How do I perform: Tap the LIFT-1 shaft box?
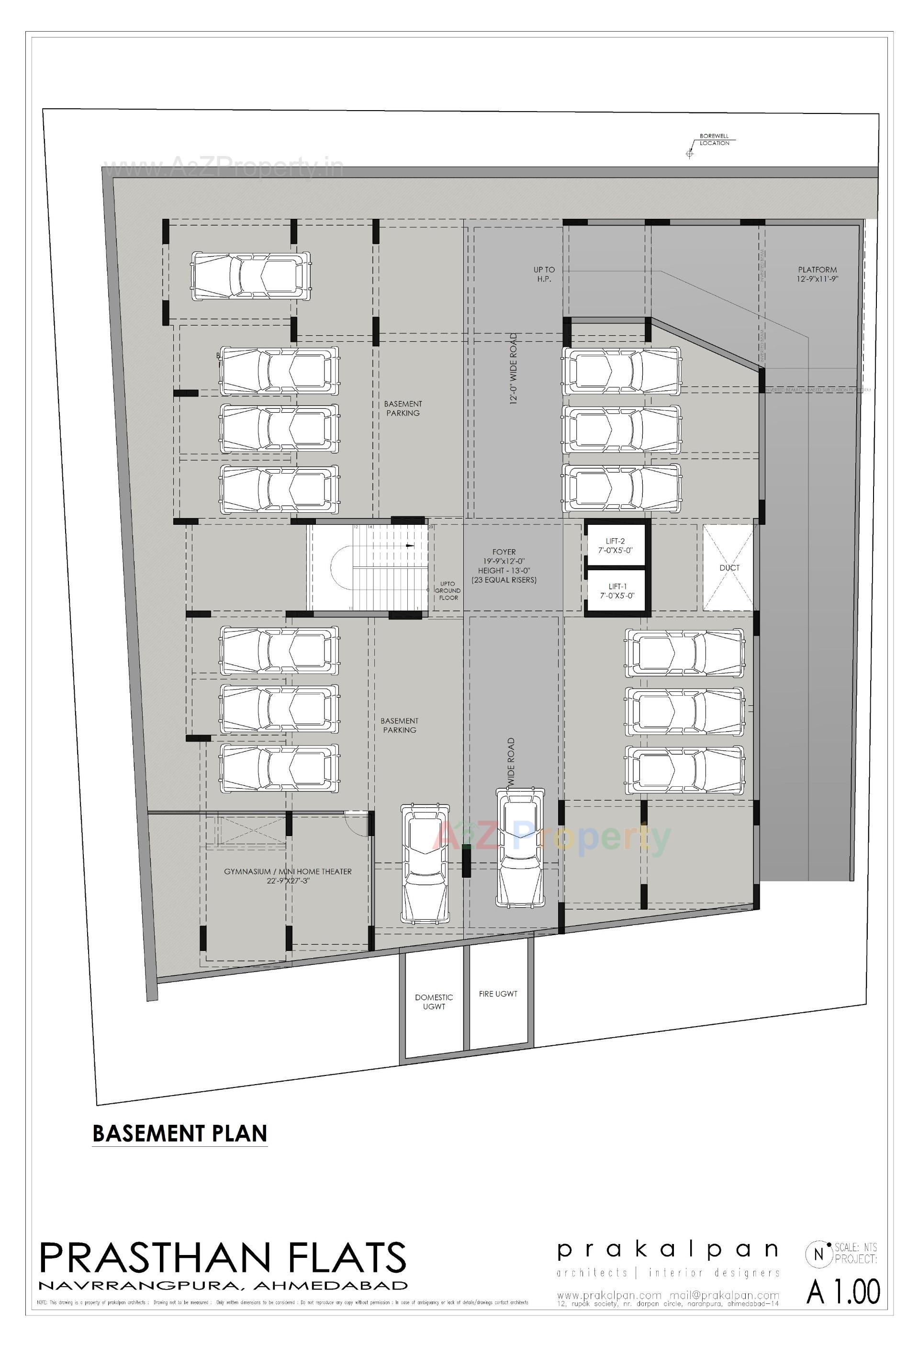coord(616,591)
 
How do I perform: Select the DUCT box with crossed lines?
coord(728,567)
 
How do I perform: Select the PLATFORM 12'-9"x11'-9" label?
coord(817,274)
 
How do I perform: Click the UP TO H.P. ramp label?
coord(544,274)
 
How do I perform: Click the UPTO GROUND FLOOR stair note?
coord(448,590)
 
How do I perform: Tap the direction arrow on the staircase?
coord(410,545)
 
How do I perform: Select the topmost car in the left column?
coord(251,276)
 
